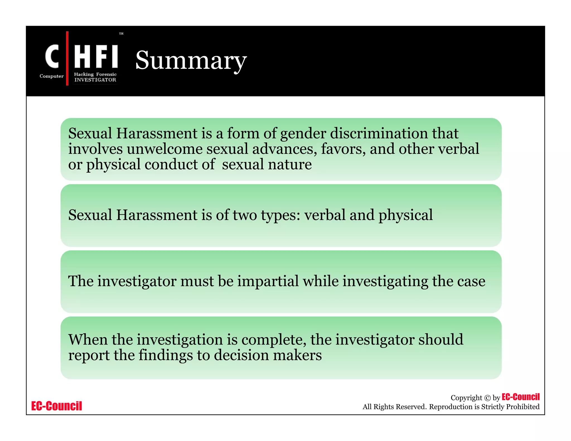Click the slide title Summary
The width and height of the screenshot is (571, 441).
coord(191,61)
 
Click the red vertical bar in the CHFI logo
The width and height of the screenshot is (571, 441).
coord(67,58)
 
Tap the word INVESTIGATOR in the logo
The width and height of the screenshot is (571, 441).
coord(95,80)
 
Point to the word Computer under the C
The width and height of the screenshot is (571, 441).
coord(52,76)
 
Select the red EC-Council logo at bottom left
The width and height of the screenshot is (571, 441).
coord(57,406)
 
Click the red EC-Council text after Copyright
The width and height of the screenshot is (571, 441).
coord(521,397)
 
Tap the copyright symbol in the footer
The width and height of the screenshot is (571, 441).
coord(487,398)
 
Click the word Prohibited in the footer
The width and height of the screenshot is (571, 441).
coord(523,407)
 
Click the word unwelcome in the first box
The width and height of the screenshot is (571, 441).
coord(164,149)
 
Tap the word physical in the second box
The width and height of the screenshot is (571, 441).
coord(405,215)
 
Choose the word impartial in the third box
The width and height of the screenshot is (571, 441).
coord(268,281)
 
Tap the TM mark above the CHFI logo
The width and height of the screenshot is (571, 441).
coord(121,34)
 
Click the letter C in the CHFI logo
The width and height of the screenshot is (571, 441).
coord(52,56)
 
